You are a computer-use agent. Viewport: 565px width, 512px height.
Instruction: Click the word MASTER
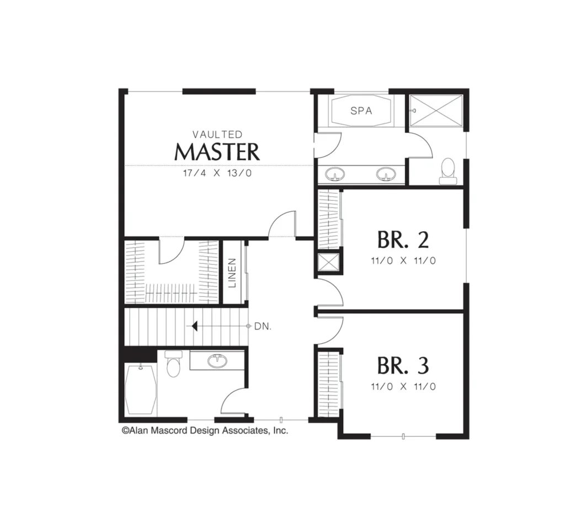(x=217, y=152)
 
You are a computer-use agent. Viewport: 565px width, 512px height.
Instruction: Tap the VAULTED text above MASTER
(x=217, y=135)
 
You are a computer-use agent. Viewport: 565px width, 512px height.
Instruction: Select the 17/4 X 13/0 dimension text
(x=217, y=173)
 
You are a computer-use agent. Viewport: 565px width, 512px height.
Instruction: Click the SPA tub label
(x=361, y=111)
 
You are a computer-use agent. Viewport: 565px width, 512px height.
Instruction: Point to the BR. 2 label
(x=403, y=240)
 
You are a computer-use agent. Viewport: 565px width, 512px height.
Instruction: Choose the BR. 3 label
(x=403, y=365)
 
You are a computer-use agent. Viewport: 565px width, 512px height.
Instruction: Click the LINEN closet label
(x=232, y=273)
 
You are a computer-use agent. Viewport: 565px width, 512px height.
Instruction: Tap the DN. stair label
(x=263, y=327)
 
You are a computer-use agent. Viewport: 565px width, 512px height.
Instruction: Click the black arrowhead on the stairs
(x=195, y=327)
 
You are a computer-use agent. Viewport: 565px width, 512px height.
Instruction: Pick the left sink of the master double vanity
(x=335, y=174)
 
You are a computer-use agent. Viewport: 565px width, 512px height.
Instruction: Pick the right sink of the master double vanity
(x=386, y=174)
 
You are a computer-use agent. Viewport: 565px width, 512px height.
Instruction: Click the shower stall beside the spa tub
(x=436, y=110)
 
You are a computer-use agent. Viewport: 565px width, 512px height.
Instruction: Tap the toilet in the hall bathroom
(x=173, y=364)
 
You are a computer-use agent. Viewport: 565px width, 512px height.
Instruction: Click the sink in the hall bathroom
(x=217, y=361)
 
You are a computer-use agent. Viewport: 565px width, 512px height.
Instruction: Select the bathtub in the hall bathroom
(x=141, y=389)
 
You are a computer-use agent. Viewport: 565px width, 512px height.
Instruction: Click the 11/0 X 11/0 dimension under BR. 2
(x=403, y=260)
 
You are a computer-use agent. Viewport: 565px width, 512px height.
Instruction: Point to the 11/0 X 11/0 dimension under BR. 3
(x=403, y=387)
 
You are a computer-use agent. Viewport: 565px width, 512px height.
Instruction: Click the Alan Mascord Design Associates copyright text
(x=205, y=430)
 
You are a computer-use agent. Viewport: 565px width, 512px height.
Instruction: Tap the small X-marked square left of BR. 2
(x=328, y=262)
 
